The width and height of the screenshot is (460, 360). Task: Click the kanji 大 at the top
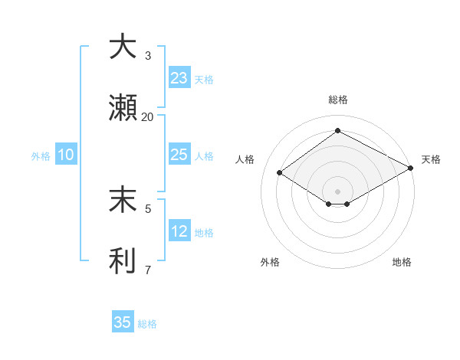123,47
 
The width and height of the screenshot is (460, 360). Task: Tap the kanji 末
123,198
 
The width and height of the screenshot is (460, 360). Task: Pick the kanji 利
123,261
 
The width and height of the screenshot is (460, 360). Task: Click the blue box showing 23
179,77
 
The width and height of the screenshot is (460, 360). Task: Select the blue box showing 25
179,154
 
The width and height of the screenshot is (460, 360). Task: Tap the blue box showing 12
179,231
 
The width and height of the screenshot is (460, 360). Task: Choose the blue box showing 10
66,154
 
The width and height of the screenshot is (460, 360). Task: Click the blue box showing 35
123,322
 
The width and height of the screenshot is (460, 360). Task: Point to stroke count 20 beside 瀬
147,117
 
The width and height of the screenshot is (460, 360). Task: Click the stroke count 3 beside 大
148,55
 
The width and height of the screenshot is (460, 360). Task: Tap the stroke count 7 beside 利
148,270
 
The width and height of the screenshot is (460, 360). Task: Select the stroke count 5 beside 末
148,208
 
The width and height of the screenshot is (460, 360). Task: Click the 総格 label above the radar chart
338,100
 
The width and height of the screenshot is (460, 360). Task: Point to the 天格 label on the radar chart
431,159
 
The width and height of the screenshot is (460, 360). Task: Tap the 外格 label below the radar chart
270,262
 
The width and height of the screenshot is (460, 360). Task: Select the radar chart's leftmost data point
280,173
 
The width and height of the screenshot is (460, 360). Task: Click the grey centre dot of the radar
338,191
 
